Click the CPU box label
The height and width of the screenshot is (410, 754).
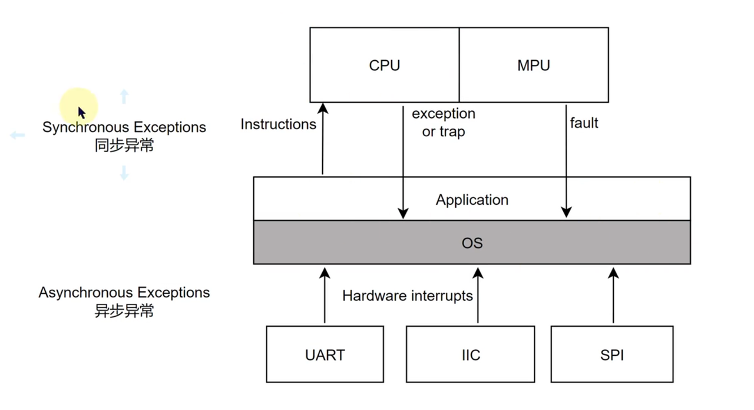click(385, 65)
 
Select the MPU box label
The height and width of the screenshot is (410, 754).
click(534, 65)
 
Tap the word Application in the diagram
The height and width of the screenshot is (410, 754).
click(472, 200)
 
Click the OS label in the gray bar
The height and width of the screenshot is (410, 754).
click(472, 243)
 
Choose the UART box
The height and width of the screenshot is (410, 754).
click(325, 354)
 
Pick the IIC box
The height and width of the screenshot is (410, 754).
click(470, 354)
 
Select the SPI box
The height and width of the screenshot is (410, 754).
click(612, 354)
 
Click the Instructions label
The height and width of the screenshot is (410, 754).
click(279, 124)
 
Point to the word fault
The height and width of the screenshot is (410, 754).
click(584, 123)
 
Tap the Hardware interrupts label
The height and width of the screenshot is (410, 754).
click(407, 296)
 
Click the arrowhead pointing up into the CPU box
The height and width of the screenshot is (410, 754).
click(323, 108)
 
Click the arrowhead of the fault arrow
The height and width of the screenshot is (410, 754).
click(566, 212)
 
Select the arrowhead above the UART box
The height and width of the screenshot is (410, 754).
click(325, 273)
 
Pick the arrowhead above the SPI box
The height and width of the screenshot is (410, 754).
click(613, 273)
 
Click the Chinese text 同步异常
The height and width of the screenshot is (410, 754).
click(124, 146)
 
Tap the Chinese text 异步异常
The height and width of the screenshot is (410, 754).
click(124, 311)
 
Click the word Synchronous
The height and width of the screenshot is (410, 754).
click(86, 127)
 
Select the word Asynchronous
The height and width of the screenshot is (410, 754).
click(85, 293)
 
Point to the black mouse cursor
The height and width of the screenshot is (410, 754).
click(82, 113)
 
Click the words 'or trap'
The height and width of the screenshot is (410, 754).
click(444, 132)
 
